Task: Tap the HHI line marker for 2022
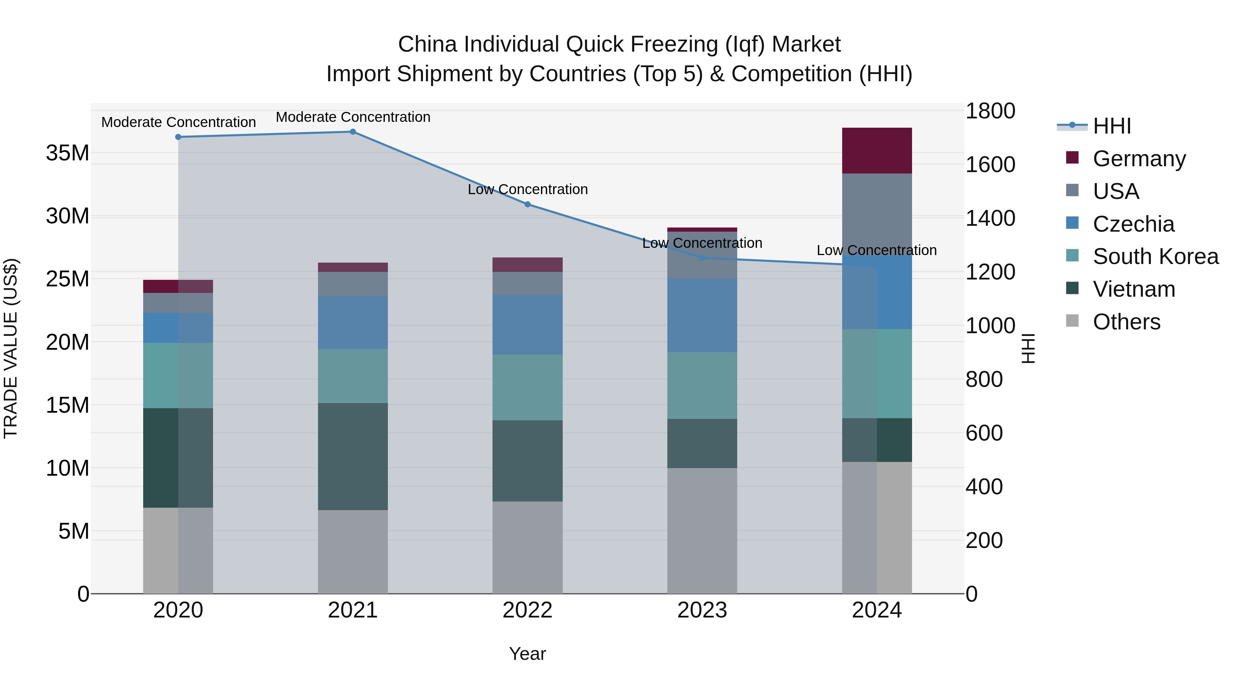click(527, 204)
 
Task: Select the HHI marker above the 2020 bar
click(178, 137)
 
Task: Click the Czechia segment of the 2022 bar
click(527, 325)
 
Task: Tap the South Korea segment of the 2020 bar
click(178, 375)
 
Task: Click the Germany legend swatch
click(1072, 158)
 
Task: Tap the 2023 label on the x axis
click(702, 610)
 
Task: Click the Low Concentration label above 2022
click(527, 190)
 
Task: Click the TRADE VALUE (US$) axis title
click(11, 348)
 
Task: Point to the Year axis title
click(527, 654)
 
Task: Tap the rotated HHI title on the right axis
click(1027, 348)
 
